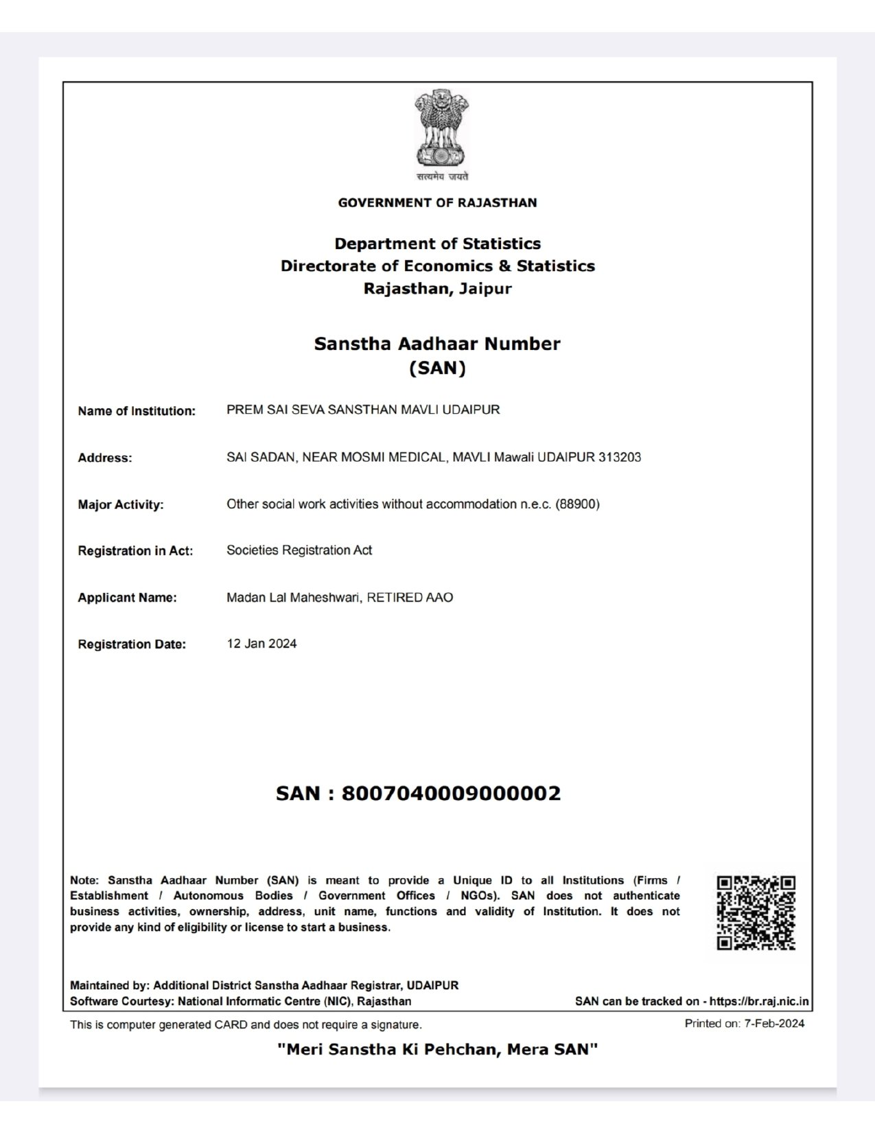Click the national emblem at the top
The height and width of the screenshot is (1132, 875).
click(x=441, y=130)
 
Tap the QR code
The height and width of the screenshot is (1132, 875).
click(x=756, y=913)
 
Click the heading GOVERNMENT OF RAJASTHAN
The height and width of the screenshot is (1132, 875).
click(x=438, y=203)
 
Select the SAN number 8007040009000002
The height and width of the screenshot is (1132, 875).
click(x=451, y=794)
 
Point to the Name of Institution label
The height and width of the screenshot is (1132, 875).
click(x=137, y=411)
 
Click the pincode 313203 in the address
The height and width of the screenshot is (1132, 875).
click(x=619, y=457)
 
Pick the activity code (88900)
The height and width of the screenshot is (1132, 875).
click(x=577, y=504)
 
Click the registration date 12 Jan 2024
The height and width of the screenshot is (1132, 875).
click(x=261, y=644)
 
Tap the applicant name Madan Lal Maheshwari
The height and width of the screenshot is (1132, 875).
click(x=293, y=598)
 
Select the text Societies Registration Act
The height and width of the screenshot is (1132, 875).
click(x=299, y=550)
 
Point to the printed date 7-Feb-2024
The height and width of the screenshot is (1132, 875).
click(x=774, y=1024)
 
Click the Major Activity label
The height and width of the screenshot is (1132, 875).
click(x=121, y=505)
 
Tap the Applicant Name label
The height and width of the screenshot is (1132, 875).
click(x=127, y=598)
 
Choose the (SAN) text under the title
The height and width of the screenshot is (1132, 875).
click(x=438, y=368)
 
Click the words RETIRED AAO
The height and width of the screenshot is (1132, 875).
click(x=410, y=598)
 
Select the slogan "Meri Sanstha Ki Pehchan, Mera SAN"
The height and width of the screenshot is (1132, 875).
click(x=438, y=1050)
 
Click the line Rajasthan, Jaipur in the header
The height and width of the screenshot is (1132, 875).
click(x=438, y=288)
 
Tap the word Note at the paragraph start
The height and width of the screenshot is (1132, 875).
click(x=84, y=880)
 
